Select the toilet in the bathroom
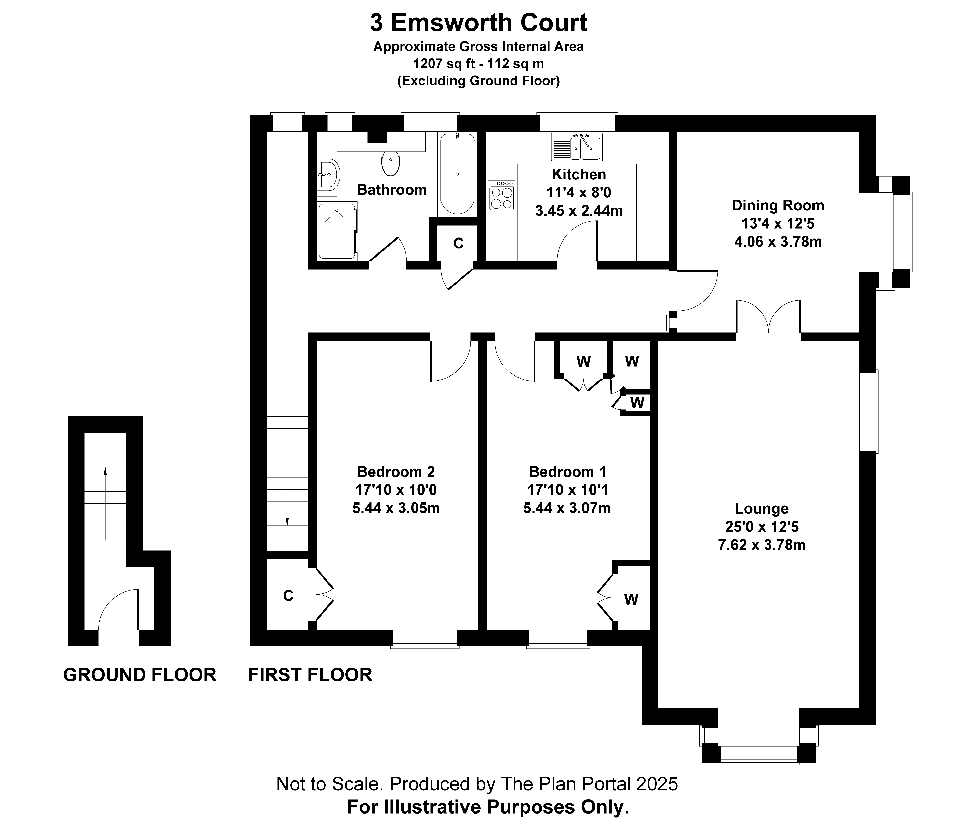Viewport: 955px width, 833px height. (390, 163)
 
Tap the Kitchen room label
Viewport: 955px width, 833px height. (579, 174)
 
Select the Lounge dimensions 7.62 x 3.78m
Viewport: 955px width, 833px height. (762, 545)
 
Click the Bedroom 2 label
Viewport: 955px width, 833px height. (396, 472)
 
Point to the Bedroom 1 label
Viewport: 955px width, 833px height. (567, 472)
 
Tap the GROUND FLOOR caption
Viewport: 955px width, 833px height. (139, 674)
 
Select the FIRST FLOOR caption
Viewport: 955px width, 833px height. (310, 674)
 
